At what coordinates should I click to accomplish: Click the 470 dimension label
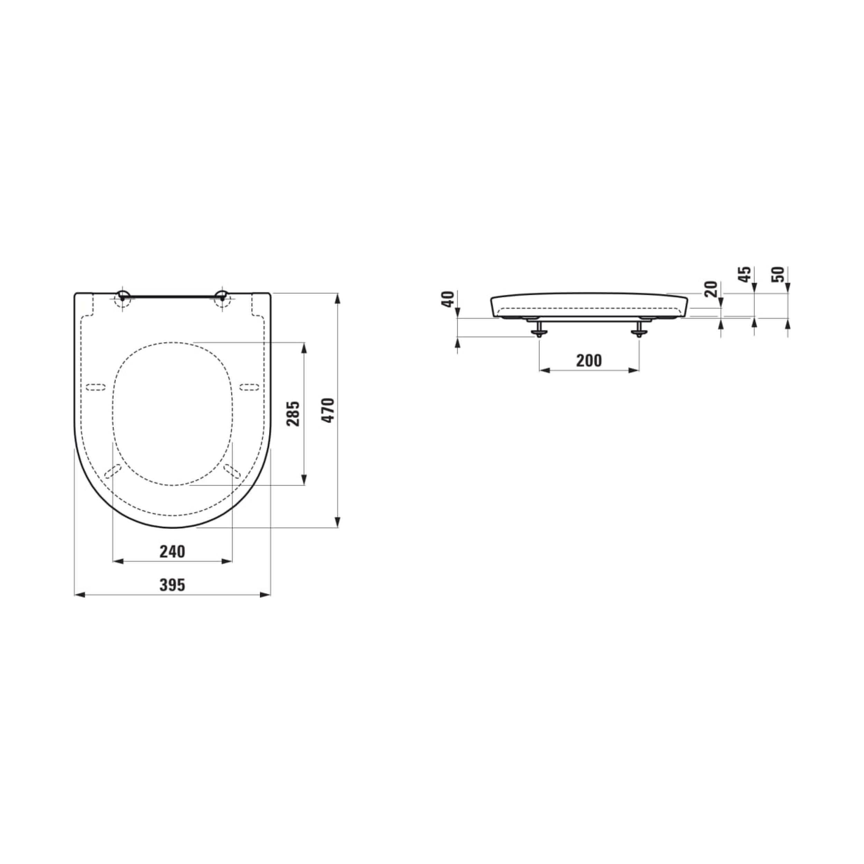coord(329,410)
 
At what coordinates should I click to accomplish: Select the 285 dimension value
coord(293,414)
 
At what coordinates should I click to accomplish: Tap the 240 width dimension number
coord(172,551)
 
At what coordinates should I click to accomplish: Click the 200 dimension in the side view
coord(589,360)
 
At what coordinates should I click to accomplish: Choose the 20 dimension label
coord(711,289)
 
